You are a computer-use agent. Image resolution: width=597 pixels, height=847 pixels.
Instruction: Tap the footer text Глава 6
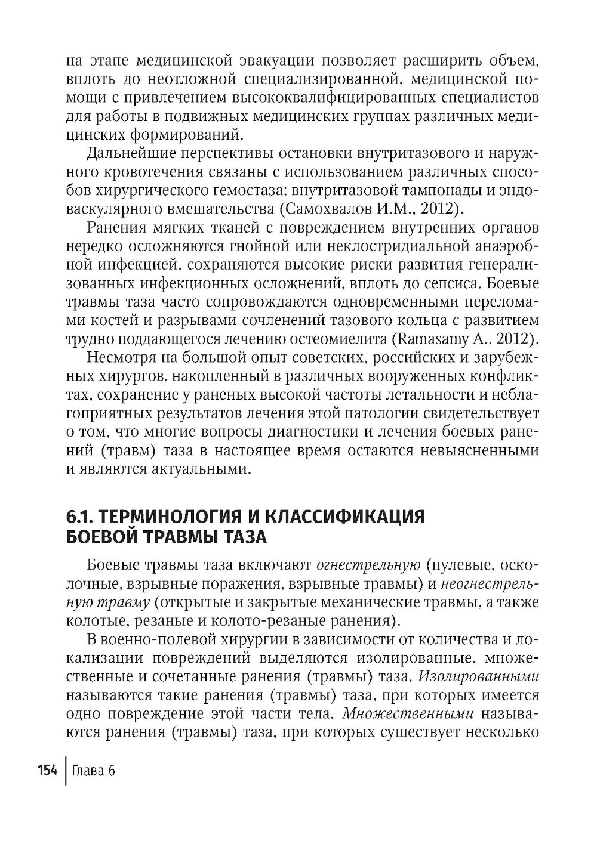pos(93,771)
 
